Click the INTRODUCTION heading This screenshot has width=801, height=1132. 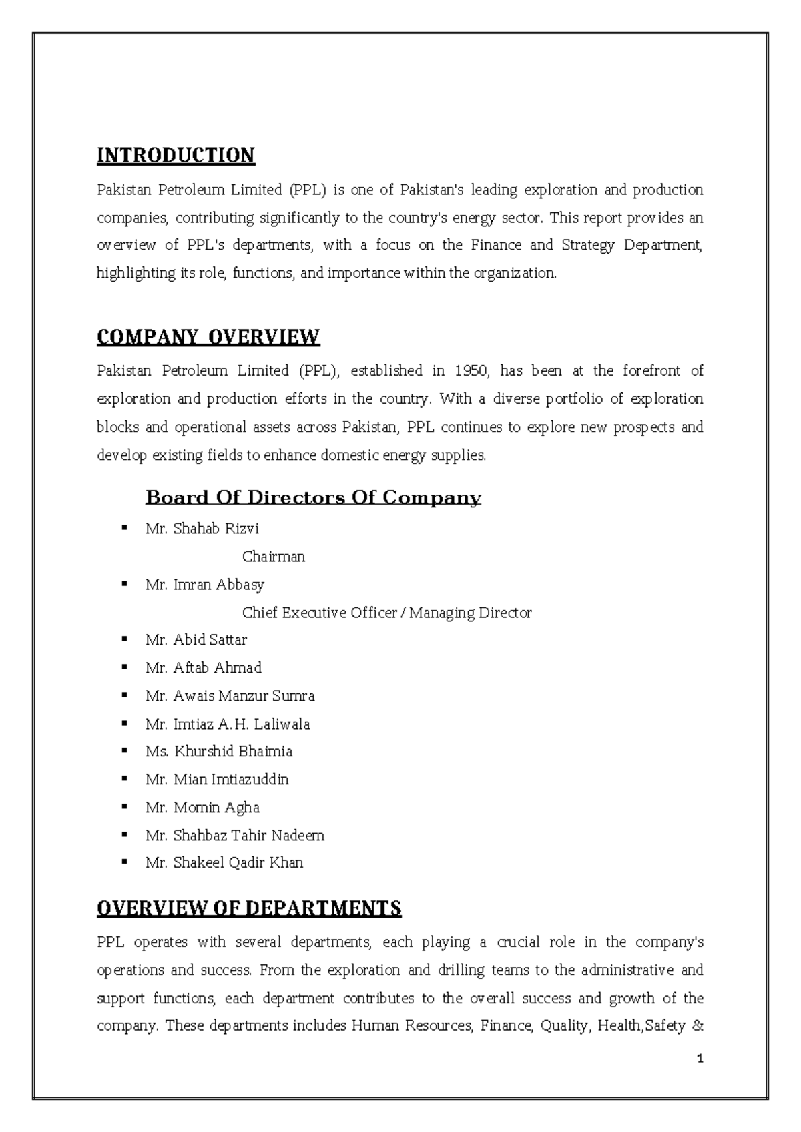click(176, 156)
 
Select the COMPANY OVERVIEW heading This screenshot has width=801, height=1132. click(208, 337)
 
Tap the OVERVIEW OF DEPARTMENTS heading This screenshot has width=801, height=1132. click(249, 908)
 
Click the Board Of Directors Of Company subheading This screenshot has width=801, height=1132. click(313, 498)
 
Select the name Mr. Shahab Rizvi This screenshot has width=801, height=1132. click(202, 529)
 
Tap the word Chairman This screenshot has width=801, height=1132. click(274, 557)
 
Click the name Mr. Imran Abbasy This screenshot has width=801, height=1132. click(205, 585)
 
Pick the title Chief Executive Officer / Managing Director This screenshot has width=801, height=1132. click(386, 613)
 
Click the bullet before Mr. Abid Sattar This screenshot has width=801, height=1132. click(124, 639)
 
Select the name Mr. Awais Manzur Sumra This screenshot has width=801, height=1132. click(230, 696)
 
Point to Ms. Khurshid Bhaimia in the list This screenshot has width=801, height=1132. click(219, 752)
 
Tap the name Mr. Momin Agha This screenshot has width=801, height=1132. click(202, 808)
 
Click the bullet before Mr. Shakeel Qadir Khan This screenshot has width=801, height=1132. click(124, 862)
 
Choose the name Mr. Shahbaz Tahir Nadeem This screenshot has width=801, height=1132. click(234, 836)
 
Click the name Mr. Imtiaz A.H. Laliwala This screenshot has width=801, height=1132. click(228, 724)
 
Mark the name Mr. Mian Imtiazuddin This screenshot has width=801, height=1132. click(217, 780)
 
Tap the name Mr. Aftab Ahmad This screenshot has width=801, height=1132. click(204, 668)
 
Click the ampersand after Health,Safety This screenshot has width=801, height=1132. click(698, 1026)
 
